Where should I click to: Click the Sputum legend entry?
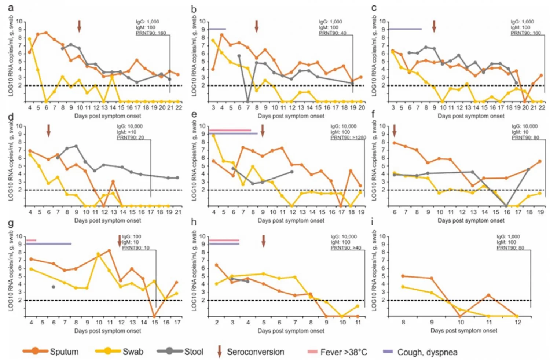(x=51, y=352)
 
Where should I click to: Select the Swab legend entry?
(x=121, y=352)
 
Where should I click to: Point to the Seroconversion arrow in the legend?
(x=220, y=351)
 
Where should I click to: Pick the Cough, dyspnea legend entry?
(x=420, y=352)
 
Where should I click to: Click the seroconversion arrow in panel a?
(x=79, y=26)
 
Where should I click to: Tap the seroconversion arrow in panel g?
(x=119, y=241)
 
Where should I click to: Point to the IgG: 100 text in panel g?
(x=131, y=236)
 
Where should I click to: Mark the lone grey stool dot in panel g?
(x=54, y=287)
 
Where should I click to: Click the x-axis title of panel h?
(x=291, y=331)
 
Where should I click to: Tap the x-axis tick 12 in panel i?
(x=517, y=322)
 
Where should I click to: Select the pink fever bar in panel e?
(x=230, y=130)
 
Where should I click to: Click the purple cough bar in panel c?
(x=405, y=29)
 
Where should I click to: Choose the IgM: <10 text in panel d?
(x=126, y=132)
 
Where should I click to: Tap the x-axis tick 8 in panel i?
(x=403, y=322)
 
